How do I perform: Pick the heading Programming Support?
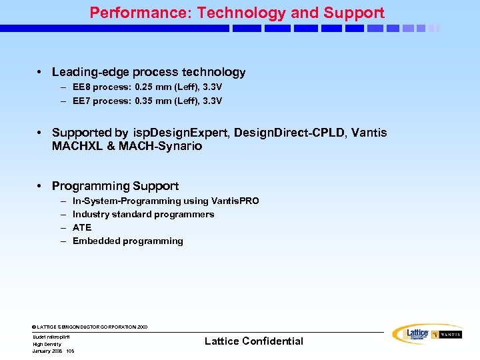(115, 186)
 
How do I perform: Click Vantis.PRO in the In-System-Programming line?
(235, 201)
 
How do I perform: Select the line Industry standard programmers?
(143, 214)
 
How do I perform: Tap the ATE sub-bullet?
(82, 227)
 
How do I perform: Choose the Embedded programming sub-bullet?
(127, 241)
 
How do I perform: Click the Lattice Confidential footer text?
(253, 341)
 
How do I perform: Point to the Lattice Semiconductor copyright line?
(90, 327)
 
